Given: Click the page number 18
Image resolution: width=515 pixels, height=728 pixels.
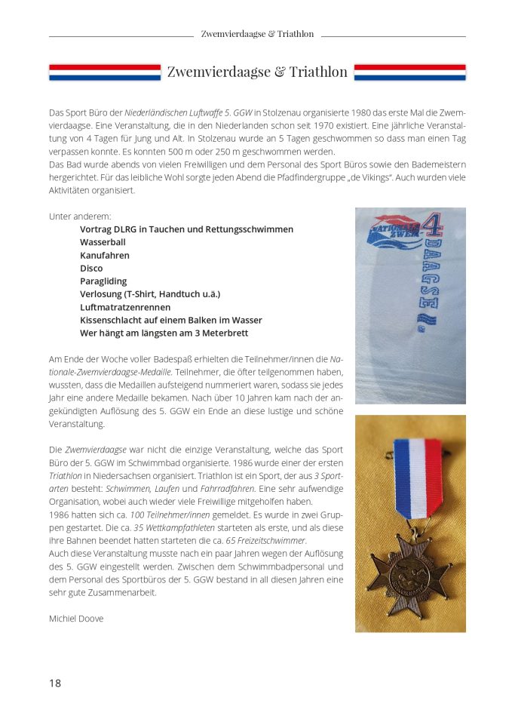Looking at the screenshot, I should coord(55,683).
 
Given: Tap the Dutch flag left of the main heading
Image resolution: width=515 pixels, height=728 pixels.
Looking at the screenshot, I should coord(105,72).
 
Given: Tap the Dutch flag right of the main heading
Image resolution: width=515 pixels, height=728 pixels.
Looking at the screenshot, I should coord(409,72).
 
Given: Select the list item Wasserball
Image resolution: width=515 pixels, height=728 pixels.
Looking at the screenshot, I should coord(103,242).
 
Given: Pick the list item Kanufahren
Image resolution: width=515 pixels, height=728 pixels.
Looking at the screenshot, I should coord(105,255).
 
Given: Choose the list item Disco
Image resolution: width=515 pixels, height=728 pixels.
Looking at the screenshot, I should coord(91,268).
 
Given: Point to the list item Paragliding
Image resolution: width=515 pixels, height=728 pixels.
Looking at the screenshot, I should coord(103,281).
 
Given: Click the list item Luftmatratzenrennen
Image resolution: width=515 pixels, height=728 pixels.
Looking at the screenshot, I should coord(125,307).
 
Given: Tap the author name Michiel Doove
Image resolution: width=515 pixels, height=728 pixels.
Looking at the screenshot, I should coord(75,619).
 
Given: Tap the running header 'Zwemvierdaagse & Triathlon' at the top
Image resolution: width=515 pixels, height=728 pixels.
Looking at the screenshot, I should coord(257,34).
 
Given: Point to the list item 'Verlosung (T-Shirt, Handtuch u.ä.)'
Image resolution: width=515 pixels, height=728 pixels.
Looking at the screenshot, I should coord(150,293).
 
